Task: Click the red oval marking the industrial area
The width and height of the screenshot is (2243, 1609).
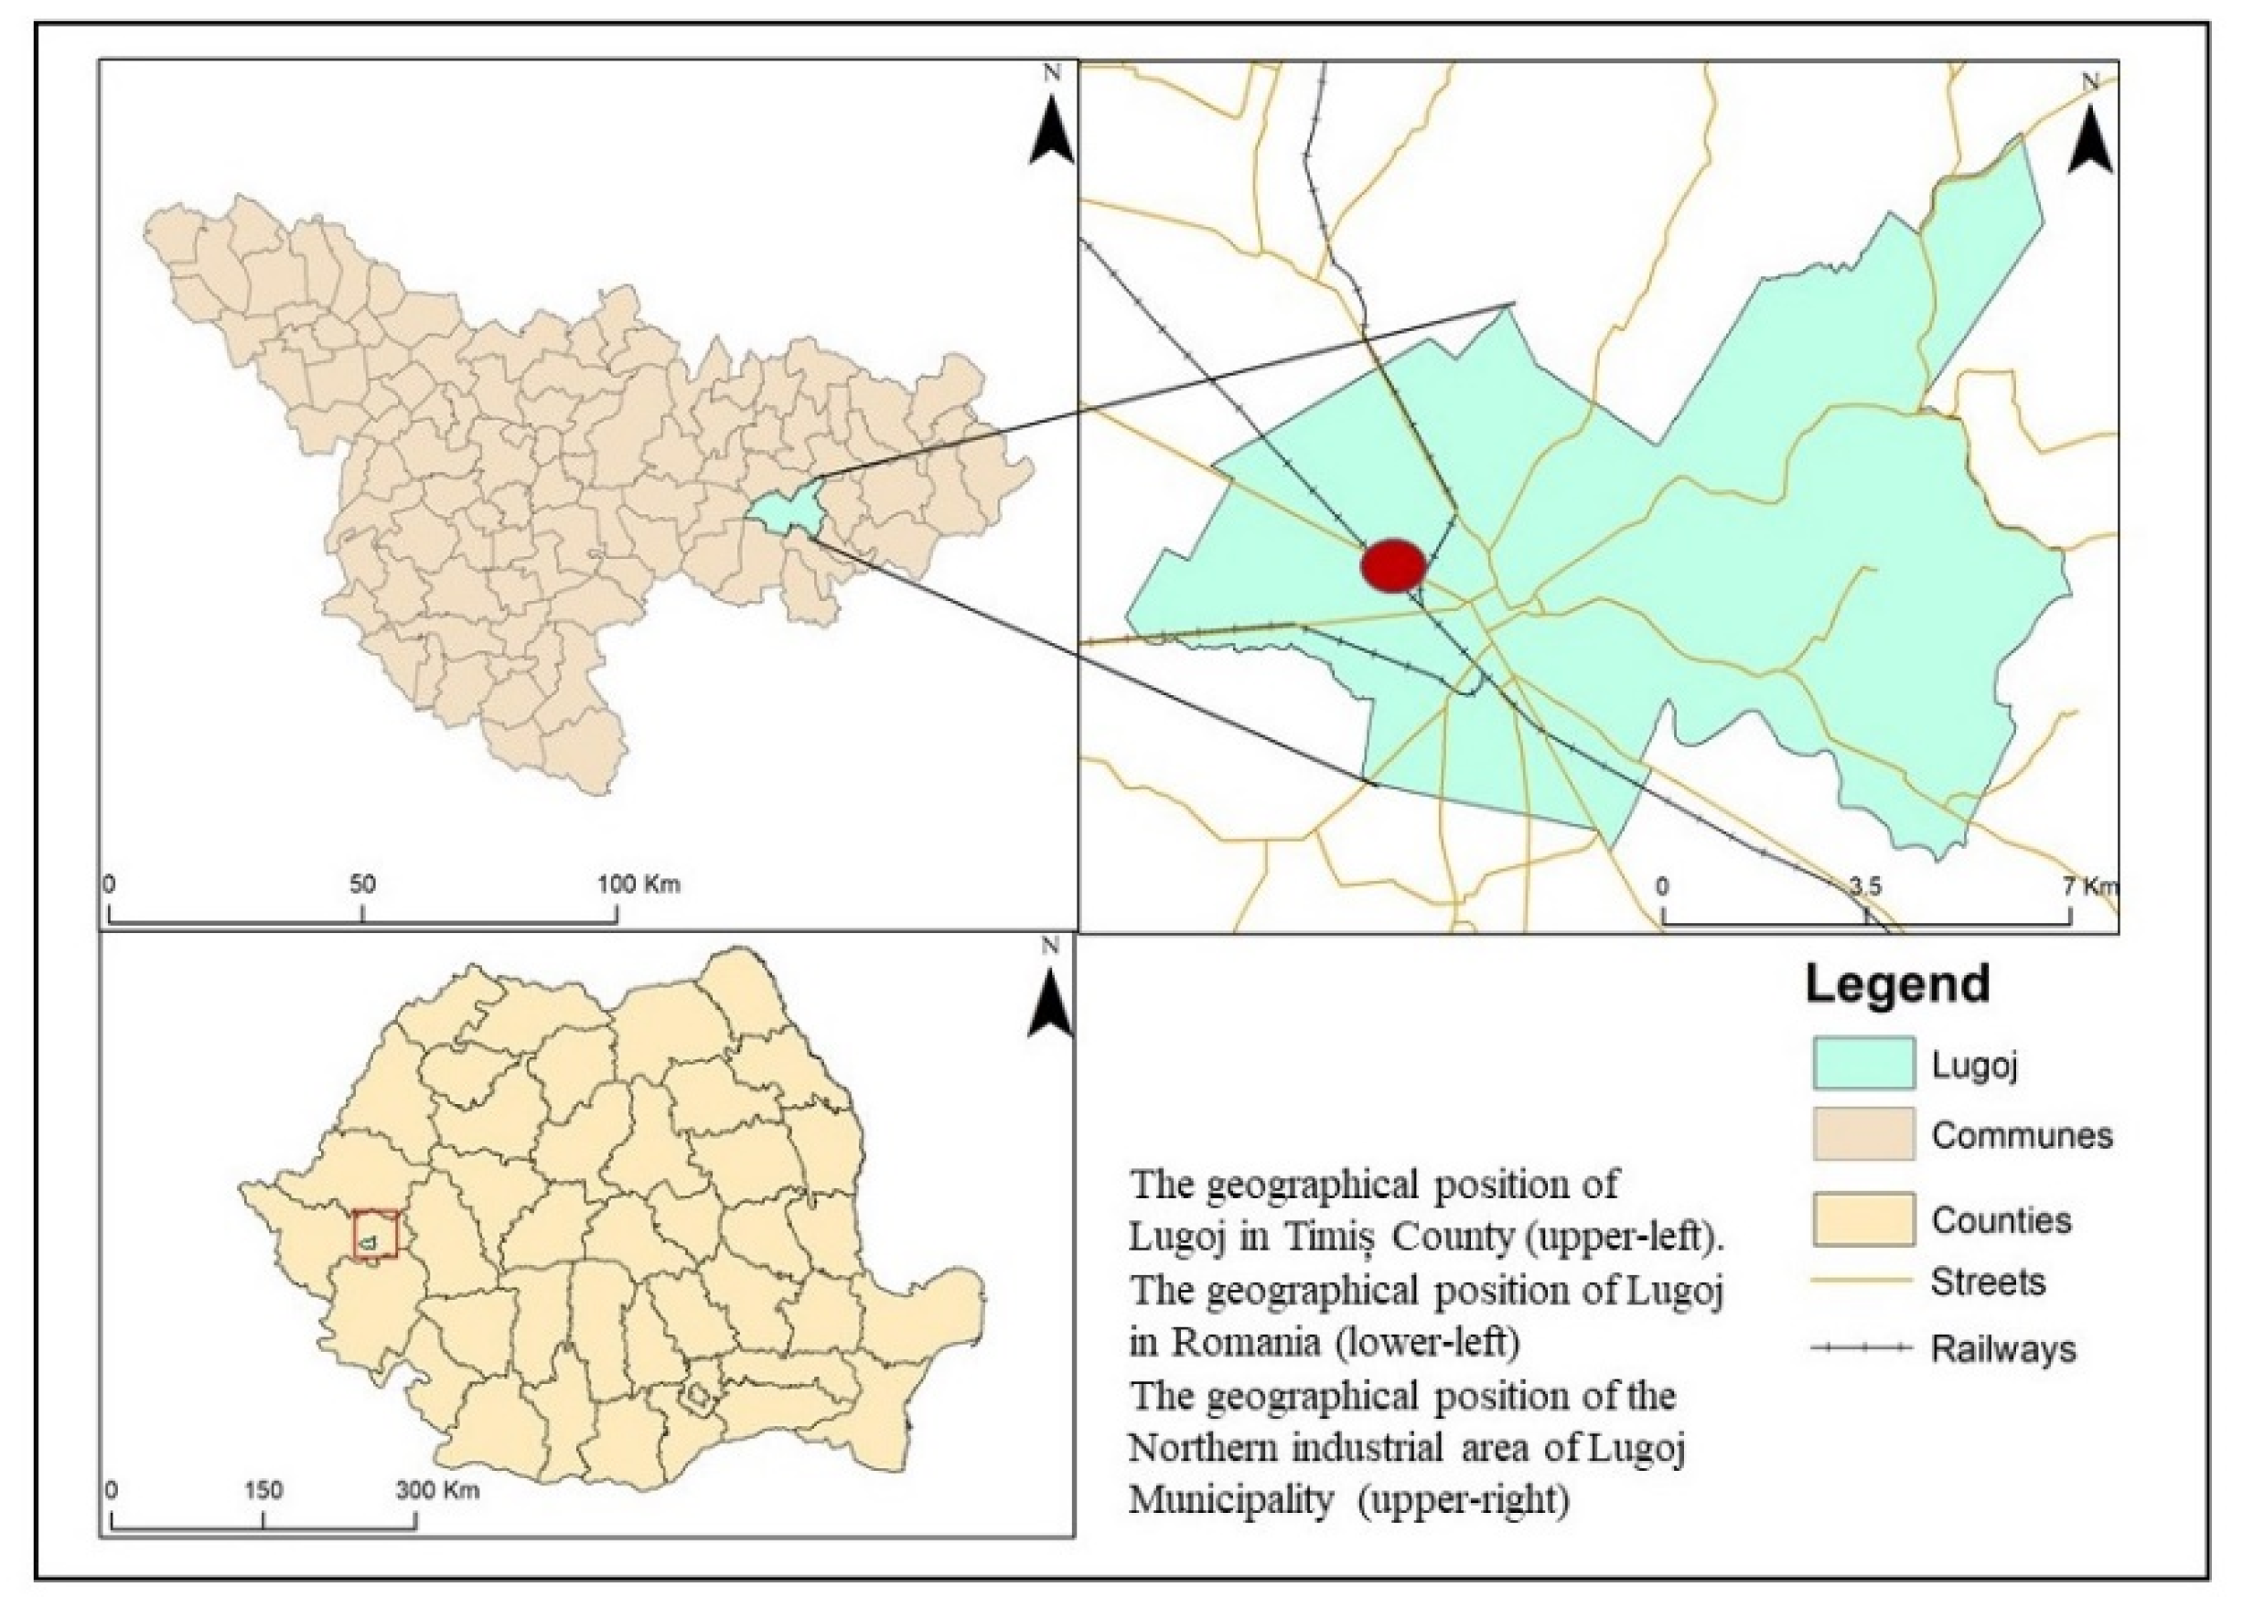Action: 1393,564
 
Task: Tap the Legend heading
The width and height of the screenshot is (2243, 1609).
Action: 1898,985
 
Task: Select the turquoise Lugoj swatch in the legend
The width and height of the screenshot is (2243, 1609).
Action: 1863,1063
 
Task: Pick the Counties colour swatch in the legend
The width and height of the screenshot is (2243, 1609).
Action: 1863,1219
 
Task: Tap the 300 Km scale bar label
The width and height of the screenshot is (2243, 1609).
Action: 438,1489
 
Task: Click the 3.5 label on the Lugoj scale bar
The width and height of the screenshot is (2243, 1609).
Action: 1865,887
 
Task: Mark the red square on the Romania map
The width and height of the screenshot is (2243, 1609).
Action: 376,1233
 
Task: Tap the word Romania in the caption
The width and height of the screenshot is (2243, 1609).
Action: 1245,1343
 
